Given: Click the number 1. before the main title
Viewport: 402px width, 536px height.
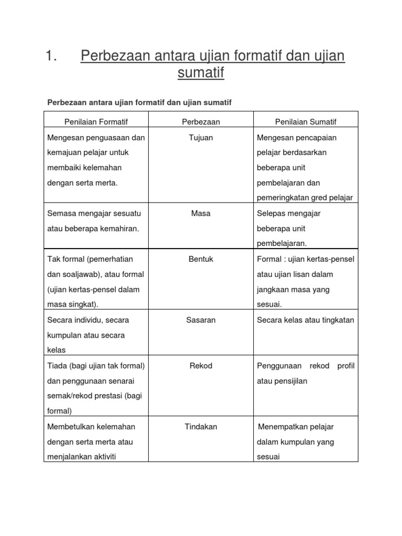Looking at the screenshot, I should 51,56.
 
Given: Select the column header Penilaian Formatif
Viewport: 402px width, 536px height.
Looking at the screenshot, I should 96,121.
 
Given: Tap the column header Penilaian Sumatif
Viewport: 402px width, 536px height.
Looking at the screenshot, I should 306,121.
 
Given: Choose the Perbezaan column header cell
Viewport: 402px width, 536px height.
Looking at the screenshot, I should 201,121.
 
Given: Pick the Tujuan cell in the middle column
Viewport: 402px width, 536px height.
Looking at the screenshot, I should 201,138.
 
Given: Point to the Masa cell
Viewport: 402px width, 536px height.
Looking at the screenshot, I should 201,214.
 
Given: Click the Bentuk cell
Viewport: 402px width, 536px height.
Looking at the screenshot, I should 201,259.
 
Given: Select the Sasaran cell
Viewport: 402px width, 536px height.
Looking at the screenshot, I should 201,320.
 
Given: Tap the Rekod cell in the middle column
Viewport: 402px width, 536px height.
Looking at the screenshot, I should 201,365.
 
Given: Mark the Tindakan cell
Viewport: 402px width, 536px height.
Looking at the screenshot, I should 201,427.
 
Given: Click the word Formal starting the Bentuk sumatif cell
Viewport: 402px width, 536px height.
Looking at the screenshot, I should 269,259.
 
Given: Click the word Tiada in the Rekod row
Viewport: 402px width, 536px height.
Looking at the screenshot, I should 57,365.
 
